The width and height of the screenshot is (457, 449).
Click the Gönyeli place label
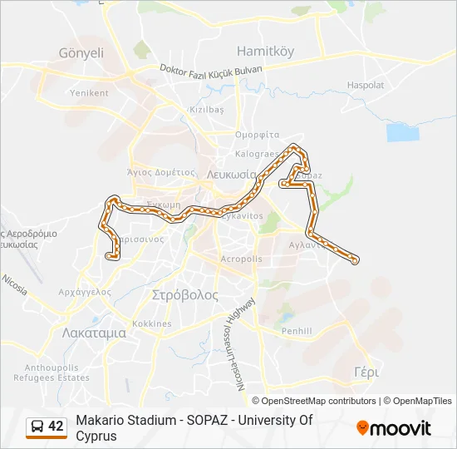point(81,52)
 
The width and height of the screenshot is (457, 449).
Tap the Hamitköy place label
point(266,51)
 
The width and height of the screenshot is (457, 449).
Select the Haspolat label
point(366,85)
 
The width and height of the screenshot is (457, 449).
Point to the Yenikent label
point(89,93)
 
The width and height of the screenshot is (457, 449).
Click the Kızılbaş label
point(207,110)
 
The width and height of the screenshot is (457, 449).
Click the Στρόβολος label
point(185,294)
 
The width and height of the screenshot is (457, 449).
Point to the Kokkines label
point(152,323)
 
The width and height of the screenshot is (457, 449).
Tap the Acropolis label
point(241,259)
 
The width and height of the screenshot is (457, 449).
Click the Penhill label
point(296,331)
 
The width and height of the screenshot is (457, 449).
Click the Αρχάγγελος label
point(86,292)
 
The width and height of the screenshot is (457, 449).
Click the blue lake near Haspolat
point(402,132)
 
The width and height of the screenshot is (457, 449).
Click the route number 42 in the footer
point(56,427)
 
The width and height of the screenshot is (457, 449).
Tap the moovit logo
point(394,428)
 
